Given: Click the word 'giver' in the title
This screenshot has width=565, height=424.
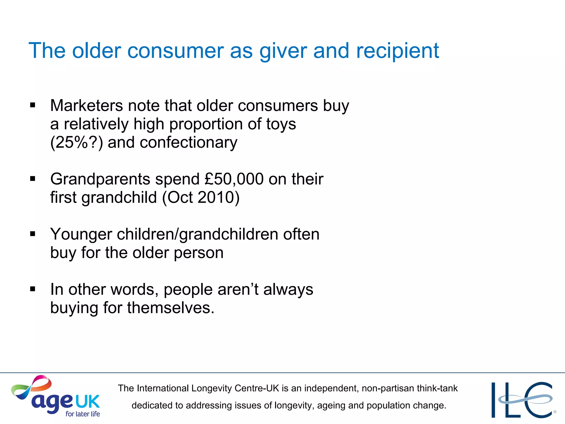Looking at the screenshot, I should (x=283, y=51).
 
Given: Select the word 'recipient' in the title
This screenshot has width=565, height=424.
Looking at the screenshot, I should (x=398, y=51).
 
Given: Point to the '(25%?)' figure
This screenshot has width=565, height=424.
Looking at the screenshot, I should (x=77, y=143).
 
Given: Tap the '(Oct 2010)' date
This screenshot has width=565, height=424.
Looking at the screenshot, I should (x=201, y=197).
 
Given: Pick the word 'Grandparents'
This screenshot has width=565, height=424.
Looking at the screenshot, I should (x=100, y=179).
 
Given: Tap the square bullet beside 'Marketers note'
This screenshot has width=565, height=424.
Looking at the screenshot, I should (x=33, y=105).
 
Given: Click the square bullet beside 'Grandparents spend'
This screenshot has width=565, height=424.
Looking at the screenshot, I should (x=33, y=179).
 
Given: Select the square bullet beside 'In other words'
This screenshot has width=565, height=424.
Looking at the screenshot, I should (x=33, y=289).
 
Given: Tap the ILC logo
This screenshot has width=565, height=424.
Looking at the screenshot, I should (x=523, y=399).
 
